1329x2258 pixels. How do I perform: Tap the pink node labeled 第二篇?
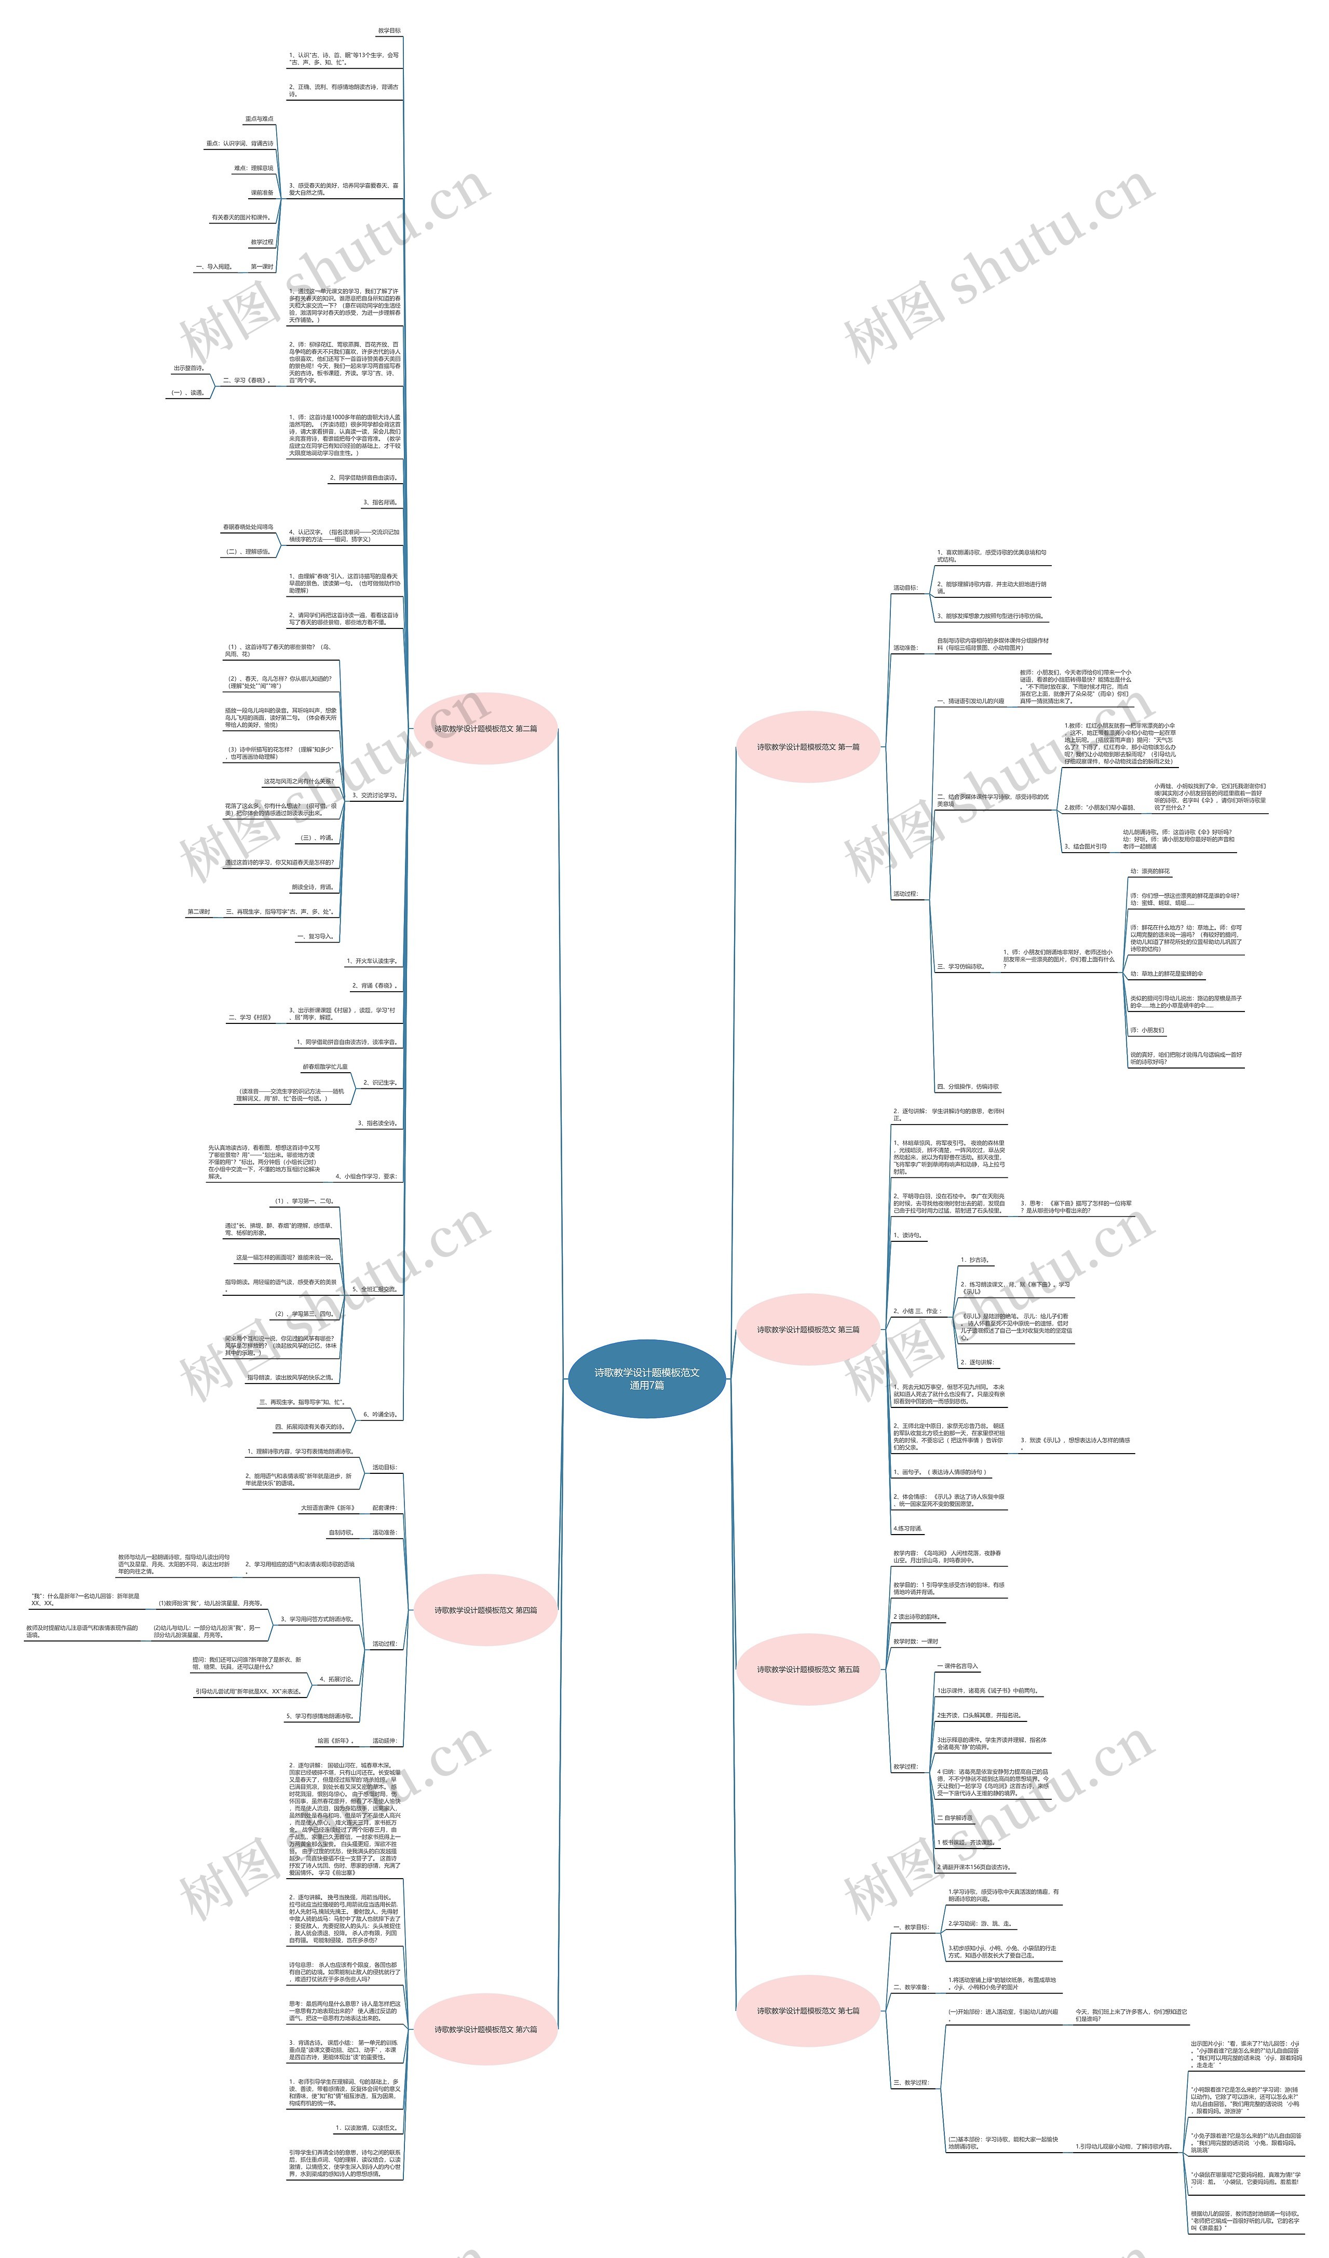[486, 729]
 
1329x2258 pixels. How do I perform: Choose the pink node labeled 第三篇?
[807, 1330]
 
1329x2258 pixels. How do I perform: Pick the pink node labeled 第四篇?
[486, 1610]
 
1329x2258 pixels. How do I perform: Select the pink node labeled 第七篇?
[807, 2010]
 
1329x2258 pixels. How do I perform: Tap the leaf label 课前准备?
[262, 193]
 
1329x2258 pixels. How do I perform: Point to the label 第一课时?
[262, 267]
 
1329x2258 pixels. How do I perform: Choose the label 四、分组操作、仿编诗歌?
[968, 1087]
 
